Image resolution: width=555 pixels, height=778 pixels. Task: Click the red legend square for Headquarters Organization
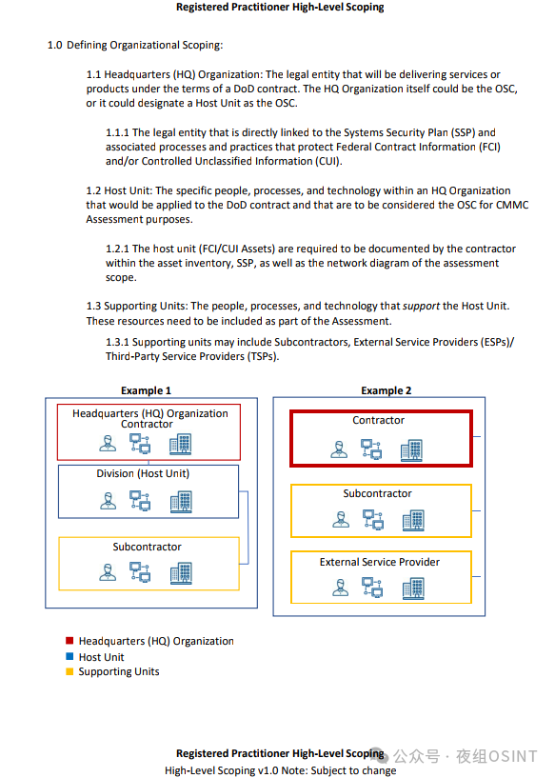click(x=69, y=641)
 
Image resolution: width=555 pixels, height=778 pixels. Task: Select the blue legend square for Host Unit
click(x=69, y=656)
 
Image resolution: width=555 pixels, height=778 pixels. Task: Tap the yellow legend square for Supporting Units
click(x=69, y=671)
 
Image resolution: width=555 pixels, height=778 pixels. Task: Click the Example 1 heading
click(x=146, y=390)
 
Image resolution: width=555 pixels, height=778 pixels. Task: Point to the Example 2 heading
click(x=386, y=390)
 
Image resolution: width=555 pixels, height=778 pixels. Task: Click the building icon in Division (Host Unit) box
click(x=181, y=501)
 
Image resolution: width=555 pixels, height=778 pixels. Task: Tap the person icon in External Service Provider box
click(x=340, y=587)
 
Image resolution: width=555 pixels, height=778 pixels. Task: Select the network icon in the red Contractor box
click(x=371, y=449)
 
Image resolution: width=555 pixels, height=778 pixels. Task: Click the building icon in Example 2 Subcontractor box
click(x=413, y=520)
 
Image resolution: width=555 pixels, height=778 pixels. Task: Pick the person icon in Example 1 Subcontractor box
click(x=108, y=572)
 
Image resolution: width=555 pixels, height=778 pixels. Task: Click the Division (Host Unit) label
click(x=143, y=473)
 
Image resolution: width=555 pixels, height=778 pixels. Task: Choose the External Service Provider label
click(x=380, y=562)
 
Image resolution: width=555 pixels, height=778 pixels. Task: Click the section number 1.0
click(x=54, y=45)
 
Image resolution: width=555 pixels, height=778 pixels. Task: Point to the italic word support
click(x=421, y=306)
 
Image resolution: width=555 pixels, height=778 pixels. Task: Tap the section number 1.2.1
click(x=117, y=249)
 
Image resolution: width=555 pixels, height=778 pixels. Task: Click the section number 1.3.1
click(x=117, y=342)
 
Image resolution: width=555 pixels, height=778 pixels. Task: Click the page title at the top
click(x=280, y=7)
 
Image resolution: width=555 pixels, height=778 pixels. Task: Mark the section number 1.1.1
click(x=117, y=132)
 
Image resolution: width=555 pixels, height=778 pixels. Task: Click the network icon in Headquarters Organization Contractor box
click(x=140, y=443)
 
